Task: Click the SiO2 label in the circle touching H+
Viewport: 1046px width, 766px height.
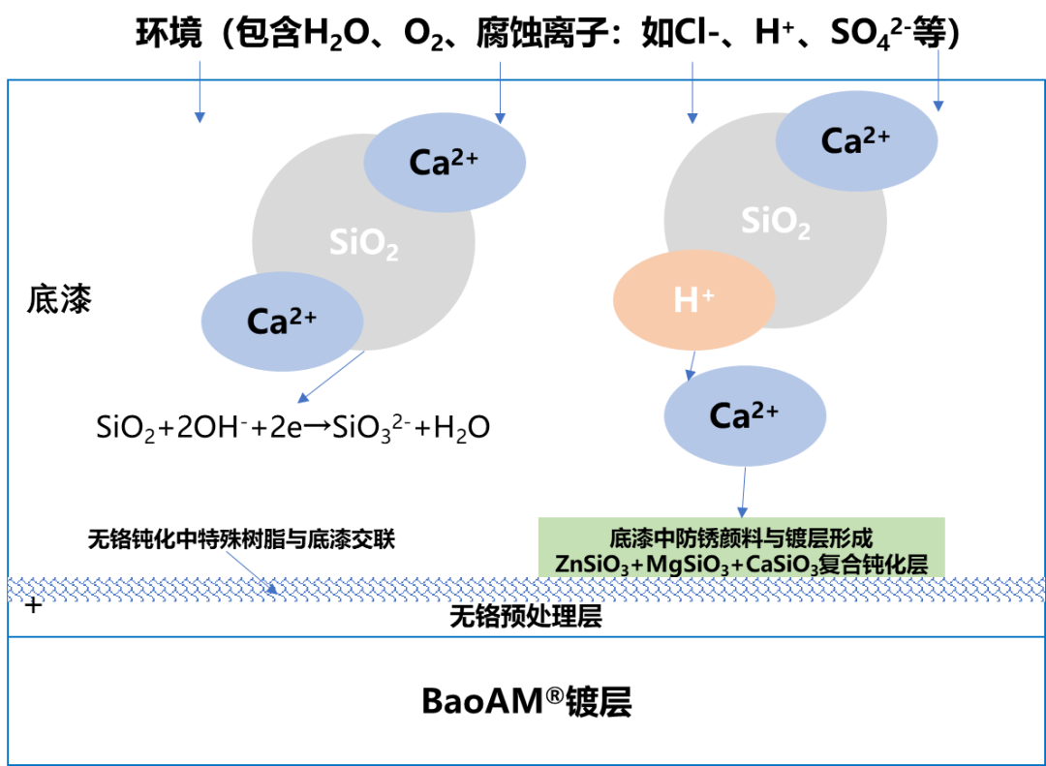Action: (x=776, y=222)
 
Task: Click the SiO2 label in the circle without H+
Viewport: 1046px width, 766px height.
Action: (x=364, y=243)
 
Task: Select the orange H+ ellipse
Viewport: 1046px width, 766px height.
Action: (x=693, y=300)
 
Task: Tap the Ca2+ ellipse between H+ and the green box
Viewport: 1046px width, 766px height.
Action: (x=745, y=416)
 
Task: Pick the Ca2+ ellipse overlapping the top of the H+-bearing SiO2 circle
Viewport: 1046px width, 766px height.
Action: (x=856, y=141)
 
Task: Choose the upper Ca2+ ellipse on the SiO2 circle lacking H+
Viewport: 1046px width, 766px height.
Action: (x=445, y=163)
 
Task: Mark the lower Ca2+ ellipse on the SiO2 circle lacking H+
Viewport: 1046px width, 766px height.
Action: (x=282, y=322)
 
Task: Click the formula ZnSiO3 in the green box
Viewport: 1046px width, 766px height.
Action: (x=592, y=564)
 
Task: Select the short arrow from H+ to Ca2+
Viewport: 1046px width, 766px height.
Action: (x=692, y=364)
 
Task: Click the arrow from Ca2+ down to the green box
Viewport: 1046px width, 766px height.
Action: (x=743, y=492)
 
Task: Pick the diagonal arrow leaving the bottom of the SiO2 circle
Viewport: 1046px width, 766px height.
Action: (x=330, y=377)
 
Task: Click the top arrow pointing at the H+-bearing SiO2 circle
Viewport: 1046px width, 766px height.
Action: (x=692, y=93)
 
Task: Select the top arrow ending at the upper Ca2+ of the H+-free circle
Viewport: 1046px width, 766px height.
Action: (x=499, y=93)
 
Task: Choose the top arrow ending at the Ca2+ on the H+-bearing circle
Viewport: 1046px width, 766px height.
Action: (x=938, y=80)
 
